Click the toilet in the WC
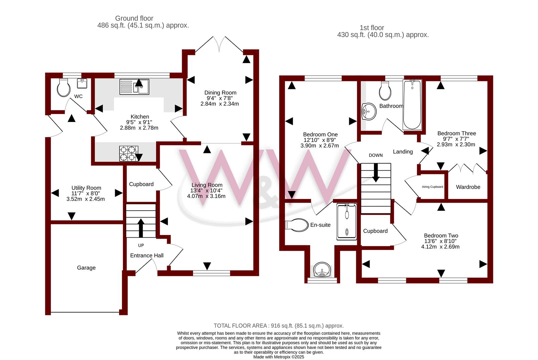pos(64,87)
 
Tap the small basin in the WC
pos(82,83)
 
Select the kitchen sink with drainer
pos(134,87)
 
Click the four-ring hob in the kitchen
pos(129,153)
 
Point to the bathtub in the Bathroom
pos(412,105)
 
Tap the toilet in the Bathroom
pos(385,90)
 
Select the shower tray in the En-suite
pos(347,222)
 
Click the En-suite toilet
pos(297,225)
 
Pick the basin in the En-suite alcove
pos(322,270)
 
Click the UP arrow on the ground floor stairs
pos(141,228)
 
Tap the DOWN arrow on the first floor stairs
pos(376,173)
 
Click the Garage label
pos(86,268)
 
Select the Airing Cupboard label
pos(432,187)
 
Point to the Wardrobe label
pos(468,187)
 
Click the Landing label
pos(403,152)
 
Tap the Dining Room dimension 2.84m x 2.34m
pos(219,104)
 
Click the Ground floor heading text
pos(134,18)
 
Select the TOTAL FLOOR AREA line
pos(279,326)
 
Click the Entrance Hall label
pos(147,255)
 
